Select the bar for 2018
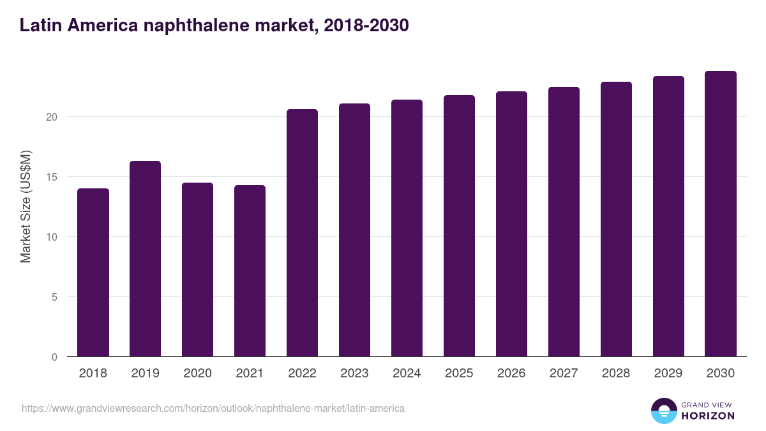point(93,273)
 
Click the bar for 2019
point(146,259)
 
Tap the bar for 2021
point(250,271)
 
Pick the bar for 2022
point(303,233)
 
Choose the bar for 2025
point(460,226)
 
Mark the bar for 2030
point(721,214)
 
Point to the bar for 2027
point(564,222)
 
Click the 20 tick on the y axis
point(52,117)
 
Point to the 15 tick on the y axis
point(52,177)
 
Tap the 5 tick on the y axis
point(55,297)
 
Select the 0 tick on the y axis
point(55,357)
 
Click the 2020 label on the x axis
point(198,374)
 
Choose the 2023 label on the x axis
point(355,374)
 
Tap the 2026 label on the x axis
point(512,374)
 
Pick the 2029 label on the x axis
point(668,374)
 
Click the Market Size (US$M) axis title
point(26,206)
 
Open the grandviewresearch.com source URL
point(213,408)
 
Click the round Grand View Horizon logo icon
point(664,411)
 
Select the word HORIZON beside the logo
point(708,416)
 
